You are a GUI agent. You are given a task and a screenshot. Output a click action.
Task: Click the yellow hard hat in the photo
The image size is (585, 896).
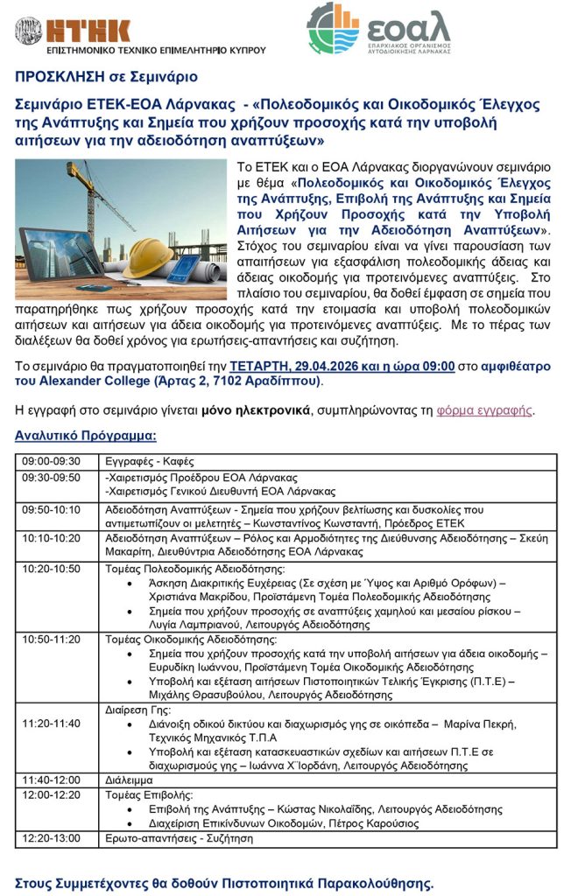[x=149, y=256]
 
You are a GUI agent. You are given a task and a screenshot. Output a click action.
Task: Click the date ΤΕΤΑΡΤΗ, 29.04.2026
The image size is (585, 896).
[x=290, y=366]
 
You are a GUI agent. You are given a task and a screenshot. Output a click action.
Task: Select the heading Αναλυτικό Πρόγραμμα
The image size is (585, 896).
[x=86, y=435]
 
